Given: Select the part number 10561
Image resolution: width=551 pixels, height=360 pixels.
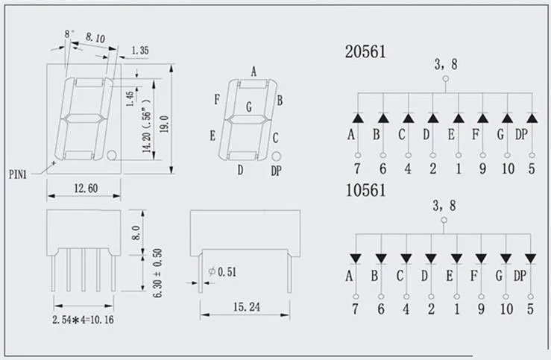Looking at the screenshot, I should (365, 191).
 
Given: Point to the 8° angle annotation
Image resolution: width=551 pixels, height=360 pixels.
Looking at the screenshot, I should (69, 34).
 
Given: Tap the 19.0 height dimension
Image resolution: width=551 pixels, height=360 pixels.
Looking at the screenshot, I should (166, 119).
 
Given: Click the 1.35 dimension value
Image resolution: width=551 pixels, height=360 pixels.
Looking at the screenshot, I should (142, 50).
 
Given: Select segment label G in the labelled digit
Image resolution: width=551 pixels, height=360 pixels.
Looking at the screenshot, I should (248, 107).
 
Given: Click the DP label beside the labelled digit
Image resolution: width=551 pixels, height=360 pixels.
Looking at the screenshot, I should (277, 171).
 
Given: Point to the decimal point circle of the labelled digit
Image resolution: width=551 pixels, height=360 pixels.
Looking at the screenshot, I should (276, 157).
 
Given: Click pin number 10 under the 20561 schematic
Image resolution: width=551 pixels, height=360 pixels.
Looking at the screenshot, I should (508, 168).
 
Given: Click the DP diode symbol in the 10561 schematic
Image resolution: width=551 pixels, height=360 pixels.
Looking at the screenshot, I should (530, 258).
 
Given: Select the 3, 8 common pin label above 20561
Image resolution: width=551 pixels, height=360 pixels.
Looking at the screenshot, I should (446, 66).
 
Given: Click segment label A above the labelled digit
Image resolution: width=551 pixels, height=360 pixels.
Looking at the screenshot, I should (254, 72).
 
